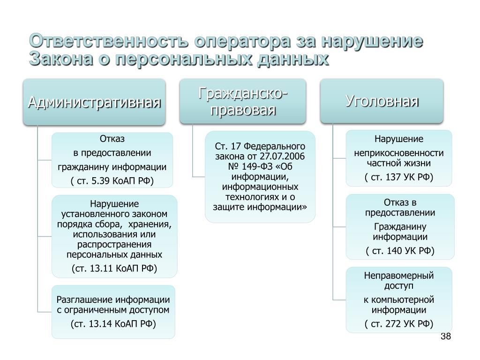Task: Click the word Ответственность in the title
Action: tap(109, 41)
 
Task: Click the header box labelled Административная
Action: tap(94, 102)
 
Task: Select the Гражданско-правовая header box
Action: tap(243, 101)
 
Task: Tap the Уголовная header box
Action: tap(382, 101)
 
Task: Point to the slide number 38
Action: tap(446, 336)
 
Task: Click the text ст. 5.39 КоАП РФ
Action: tap(112, 180)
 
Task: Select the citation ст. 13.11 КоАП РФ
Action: tap(114, 269)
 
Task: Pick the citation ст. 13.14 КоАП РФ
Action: tap(113, 323)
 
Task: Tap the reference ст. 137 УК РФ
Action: tap(399, 177)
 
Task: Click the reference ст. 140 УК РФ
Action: tap(400, 251)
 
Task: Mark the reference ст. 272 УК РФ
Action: tap(399, 323)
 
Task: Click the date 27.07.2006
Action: tap(282, 157)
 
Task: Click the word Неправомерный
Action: tap(399, 276)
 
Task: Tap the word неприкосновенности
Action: tap(399, 153)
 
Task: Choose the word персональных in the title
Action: tap(184, 59)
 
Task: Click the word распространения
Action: tap(114, 245)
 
